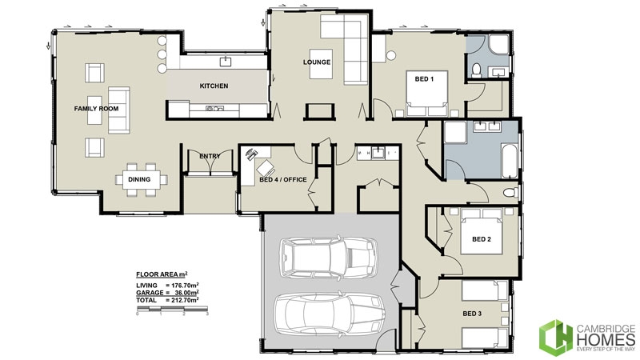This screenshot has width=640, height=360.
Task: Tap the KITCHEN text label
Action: tap(214, 86)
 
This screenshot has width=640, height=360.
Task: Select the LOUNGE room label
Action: tap(317, 62)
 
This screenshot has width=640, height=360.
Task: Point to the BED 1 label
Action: tap(424, 78)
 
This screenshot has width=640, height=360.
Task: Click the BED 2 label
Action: tap(481, 238)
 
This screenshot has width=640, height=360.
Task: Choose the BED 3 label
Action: tap(474, 314)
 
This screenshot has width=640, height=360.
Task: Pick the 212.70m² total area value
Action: tap(181, 300)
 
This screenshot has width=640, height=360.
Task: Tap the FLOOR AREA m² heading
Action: tap(162, 274)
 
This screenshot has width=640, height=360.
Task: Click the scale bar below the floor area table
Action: tap(172, 310)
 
